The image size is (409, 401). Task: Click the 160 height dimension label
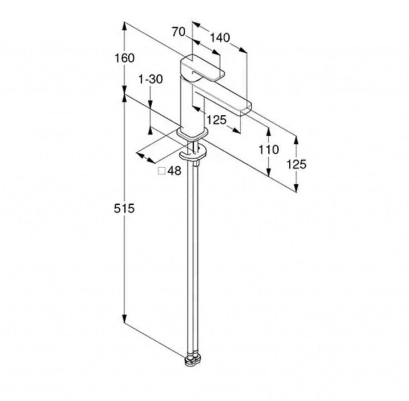pyautogui.click(x=125, y=58)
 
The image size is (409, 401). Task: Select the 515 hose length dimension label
pyautogui.click(x=124, y=208)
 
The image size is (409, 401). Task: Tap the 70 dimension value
pyautogui.click(x=179, y=32)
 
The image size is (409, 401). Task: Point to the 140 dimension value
pyautogui.click(x=220, y=38)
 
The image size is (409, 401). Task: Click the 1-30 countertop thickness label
pyautogui.click(x=151, y=79)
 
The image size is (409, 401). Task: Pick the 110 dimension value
pyautogui.click(x=269, y=150)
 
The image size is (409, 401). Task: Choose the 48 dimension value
pyautogui.click(x=174, y=171)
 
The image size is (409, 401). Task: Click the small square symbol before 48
pyautogui.click(x=162, y=171)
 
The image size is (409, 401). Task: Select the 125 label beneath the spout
pyautogui.click(x=216, y=120)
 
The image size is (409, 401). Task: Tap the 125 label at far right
pyautogui.click(x=297, y=164)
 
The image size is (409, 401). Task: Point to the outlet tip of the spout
pyautogui.click(x=246, y=109)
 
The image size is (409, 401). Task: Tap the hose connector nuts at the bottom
pyautogui.click(x=193, y=360)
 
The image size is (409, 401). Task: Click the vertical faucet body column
pyautogui.click(x=192, y=107)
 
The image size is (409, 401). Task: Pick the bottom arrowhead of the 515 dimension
pyautogui.click(x=125, y=319)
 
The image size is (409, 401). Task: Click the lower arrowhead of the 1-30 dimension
pyautogui.click(x=150, y=131)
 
